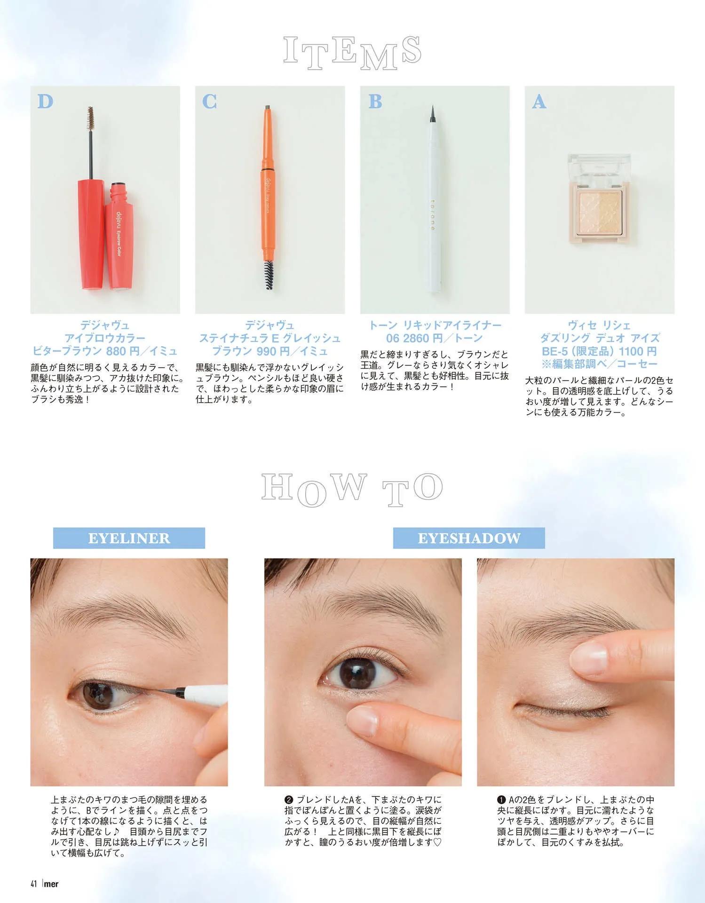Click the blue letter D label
[46, 102]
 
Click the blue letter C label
[210, 102]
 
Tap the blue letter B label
[375, 102]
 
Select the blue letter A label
[539, 102]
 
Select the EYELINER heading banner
[129, 538]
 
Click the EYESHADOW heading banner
[469, 538]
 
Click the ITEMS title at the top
[352, 52]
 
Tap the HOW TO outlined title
[352, 489]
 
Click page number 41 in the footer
[34, 884]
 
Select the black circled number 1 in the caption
[501, 800]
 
